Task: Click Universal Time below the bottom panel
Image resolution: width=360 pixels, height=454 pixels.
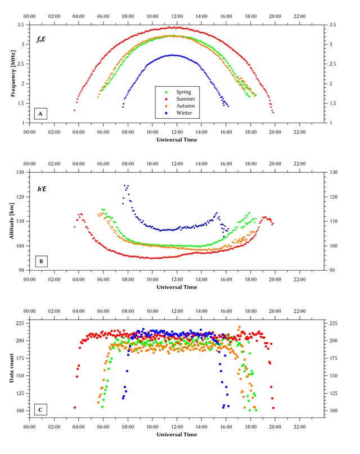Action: [177, 434]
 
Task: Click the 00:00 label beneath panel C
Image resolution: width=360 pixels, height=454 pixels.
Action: [29, 426]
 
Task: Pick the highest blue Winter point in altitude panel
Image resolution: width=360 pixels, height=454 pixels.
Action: [125, 185]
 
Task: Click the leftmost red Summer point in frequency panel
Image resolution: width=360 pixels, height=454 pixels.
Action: [74, 110]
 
